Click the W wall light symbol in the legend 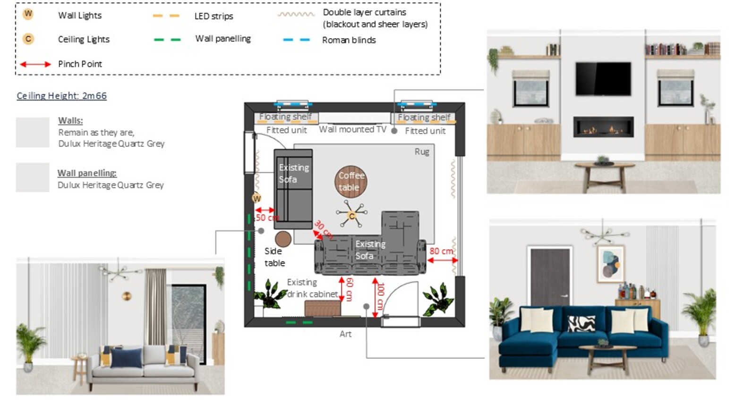[x=28, y=14]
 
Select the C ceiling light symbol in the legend [x=28, y=39]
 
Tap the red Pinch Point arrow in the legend [x=35, y=64]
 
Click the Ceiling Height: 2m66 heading [x=62, y=96]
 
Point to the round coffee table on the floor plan [x=351, y=182]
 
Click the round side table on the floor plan [x=283, y=239]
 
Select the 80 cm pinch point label [x=441, y=251]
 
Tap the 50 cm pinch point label [x=267, y=218]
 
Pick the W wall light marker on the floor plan [x=256, y=198]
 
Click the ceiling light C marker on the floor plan [x=352, y=216]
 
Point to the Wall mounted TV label [x=352, y=129]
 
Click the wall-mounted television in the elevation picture [x=603, y=79]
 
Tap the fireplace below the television [x=603, y=127]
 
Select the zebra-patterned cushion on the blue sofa [x=581, y=324]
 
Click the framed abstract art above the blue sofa [x=611, y=264]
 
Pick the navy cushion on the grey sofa [x=126, y=358]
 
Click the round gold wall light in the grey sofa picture [x=127, y=296]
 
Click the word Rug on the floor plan [x=422, y=152]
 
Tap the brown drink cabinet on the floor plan [x=322, y=309]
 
